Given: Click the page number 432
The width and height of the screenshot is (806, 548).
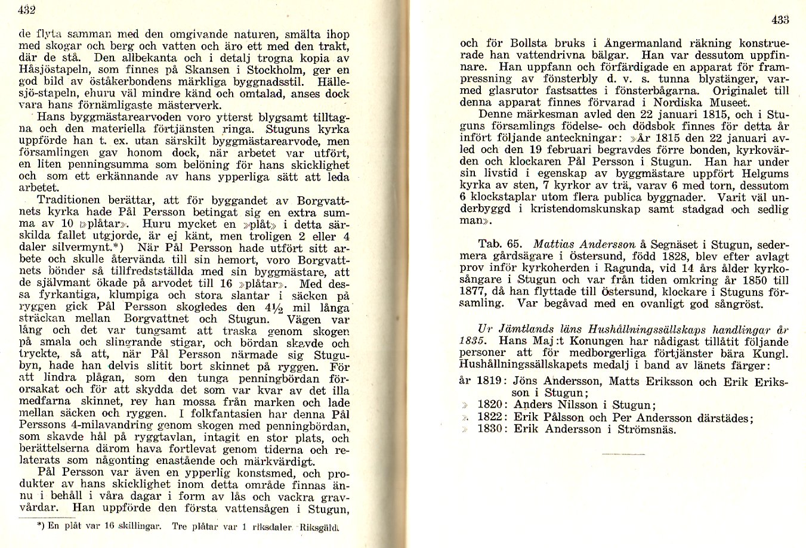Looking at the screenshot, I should [27, 10].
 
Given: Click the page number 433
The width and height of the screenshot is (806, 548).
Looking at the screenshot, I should [780, 20].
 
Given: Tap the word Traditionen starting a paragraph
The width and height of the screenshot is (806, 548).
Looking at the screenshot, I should [73, 200].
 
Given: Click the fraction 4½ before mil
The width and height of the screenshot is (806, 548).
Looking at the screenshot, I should [270, 308].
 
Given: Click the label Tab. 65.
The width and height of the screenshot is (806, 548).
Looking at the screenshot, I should [500, 244].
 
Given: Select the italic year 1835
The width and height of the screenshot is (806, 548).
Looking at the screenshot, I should [473, 340].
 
